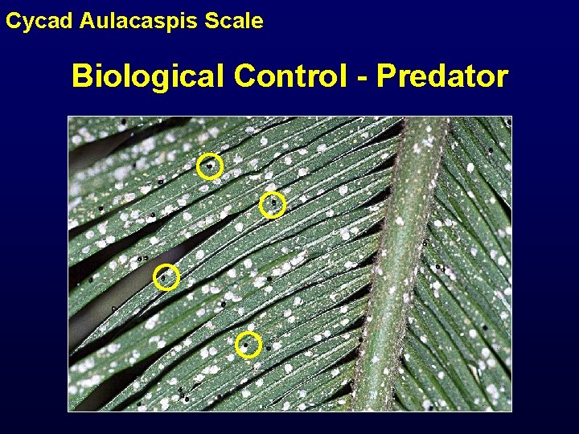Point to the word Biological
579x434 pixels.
point(149,76)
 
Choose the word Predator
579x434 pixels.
point(442,76)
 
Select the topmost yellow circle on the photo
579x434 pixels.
point(210,166)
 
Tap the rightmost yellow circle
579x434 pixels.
point(273,205)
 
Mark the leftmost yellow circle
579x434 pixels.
point(166,276)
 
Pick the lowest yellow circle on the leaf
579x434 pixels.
point(248,345)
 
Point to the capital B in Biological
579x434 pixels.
point(82,76)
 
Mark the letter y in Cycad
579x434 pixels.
point(24,23)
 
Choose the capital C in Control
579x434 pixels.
point(244,76)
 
